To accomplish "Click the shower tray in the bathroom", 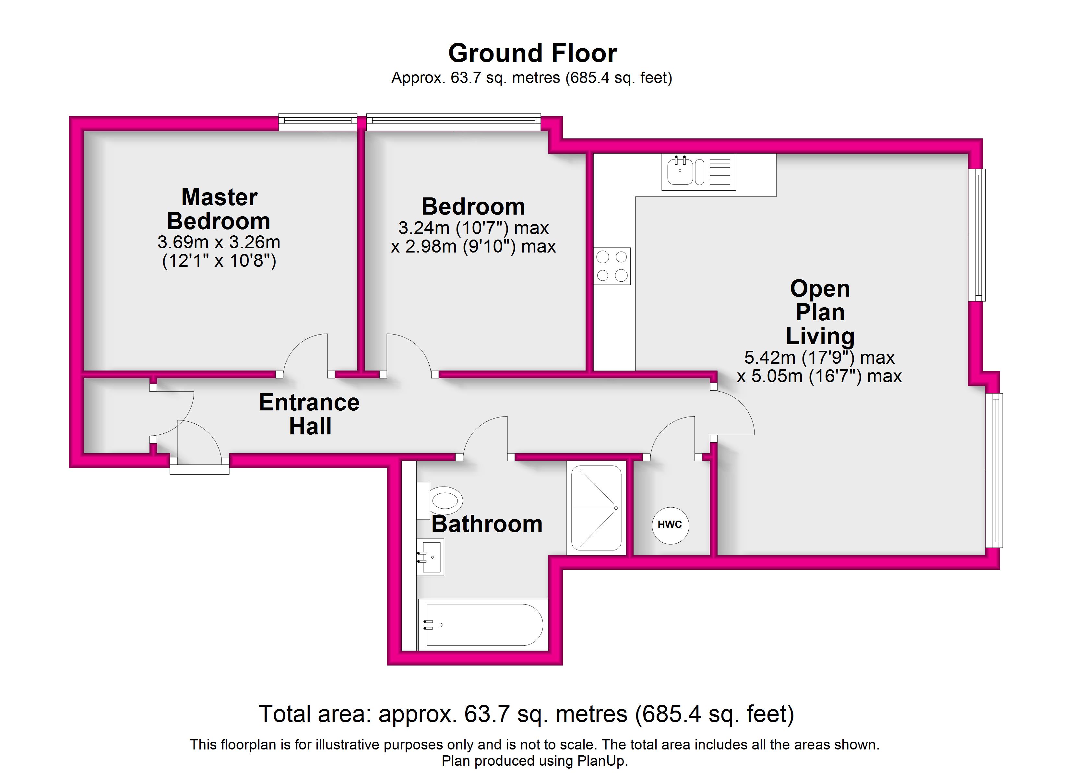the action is (x=596, y=508).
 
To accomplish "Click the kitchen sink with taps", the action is (x=698, y=172).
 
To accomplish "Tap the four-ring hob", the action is (x=612, y=266).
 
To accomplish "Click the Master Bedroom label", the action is (x=219, y=209).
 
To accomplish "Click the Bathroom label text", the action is (x=487, y=524).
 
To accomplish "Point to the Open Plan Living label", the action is (x=820, y=312).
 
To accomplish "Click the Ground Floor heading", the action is (x=533, y=53).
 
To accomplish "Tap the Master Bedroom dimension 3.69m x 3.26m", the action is (x=219, y=242).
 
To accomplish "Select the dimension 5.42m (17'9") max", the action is (x=819, y=358).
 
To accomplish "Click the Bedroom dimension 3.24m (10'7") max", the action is (x=474, y=228).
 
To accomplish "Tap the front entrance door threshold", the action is (x=199, y=469).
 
